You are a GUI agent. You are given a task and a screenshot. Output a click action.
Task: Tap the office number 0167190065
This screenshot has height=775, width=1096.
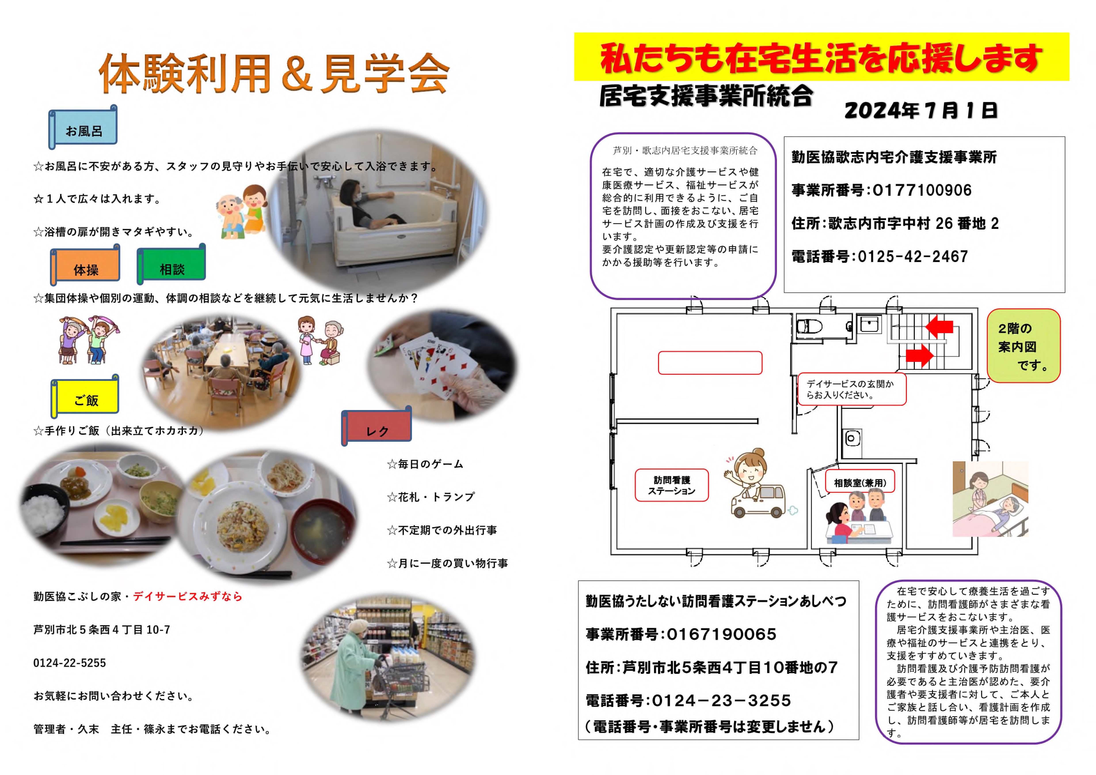[x=721, y=634]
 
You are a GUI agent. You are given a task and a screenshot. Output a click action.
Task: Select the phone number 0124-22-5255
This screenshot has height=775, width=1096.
[x=70, y=663]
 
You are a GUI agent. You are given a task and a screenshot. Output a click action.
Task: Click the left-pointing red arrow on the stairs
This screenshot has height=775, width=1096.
[x=939, y=327]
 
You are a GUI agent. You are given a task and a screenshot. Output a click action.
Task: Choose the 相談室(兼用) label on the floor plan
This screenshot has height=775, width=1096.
[x=860, y=482]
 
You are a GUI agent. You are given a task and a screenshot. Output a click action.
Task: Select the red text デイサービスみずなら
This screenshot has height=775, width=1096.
[x=188, y=596]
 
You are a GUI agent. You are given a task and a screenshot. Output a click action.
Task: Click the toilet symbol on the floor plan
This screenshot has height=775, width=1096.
[x=810, y=327]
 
